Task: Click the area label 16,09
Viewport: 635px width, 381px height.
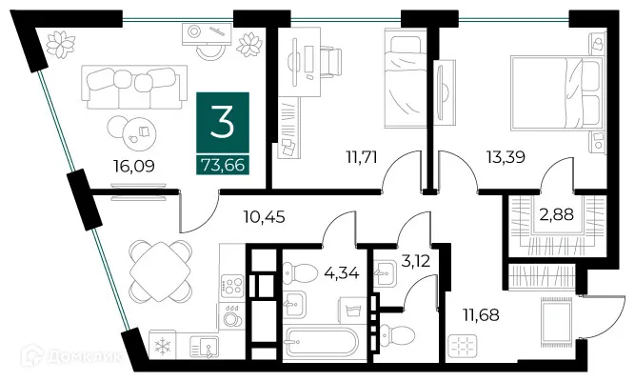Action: pos(134,166)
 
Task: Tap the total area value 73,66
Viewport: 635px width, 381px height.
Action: pos(223,165)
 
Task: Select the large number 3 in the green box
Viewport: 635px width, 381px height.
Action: pos(223,123)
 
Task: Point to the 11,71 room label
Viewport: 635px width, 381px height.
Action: pos(362,156)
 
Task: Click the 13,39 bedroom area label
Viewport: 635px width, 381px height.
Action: pos(506,156)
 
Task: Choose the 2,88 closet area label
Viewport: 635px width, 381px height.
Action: pos(556,214)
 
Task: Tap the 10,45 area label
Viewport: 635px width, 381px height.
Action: pos(264,217)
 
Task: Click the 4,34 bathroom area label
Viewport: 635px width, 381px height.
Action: pos(342,272)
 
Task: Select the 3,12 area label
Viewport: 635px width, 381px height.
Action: pos(415,261)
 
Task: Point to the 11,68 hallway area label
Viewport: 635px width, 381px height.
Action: pos(481,314)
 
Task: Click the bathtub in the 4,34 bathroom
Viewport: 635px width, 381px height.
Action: pos(322,341)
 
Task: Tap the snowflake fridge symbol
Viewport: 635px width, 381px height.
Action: pos(163,346)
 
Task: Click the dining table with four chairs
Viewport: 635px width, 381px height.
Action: pos(160,271)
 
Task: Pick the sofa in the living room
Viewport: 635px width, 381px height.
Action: pos(134,87)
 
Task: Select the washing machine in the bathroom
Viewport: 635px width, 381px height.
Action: pos(353,311)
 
